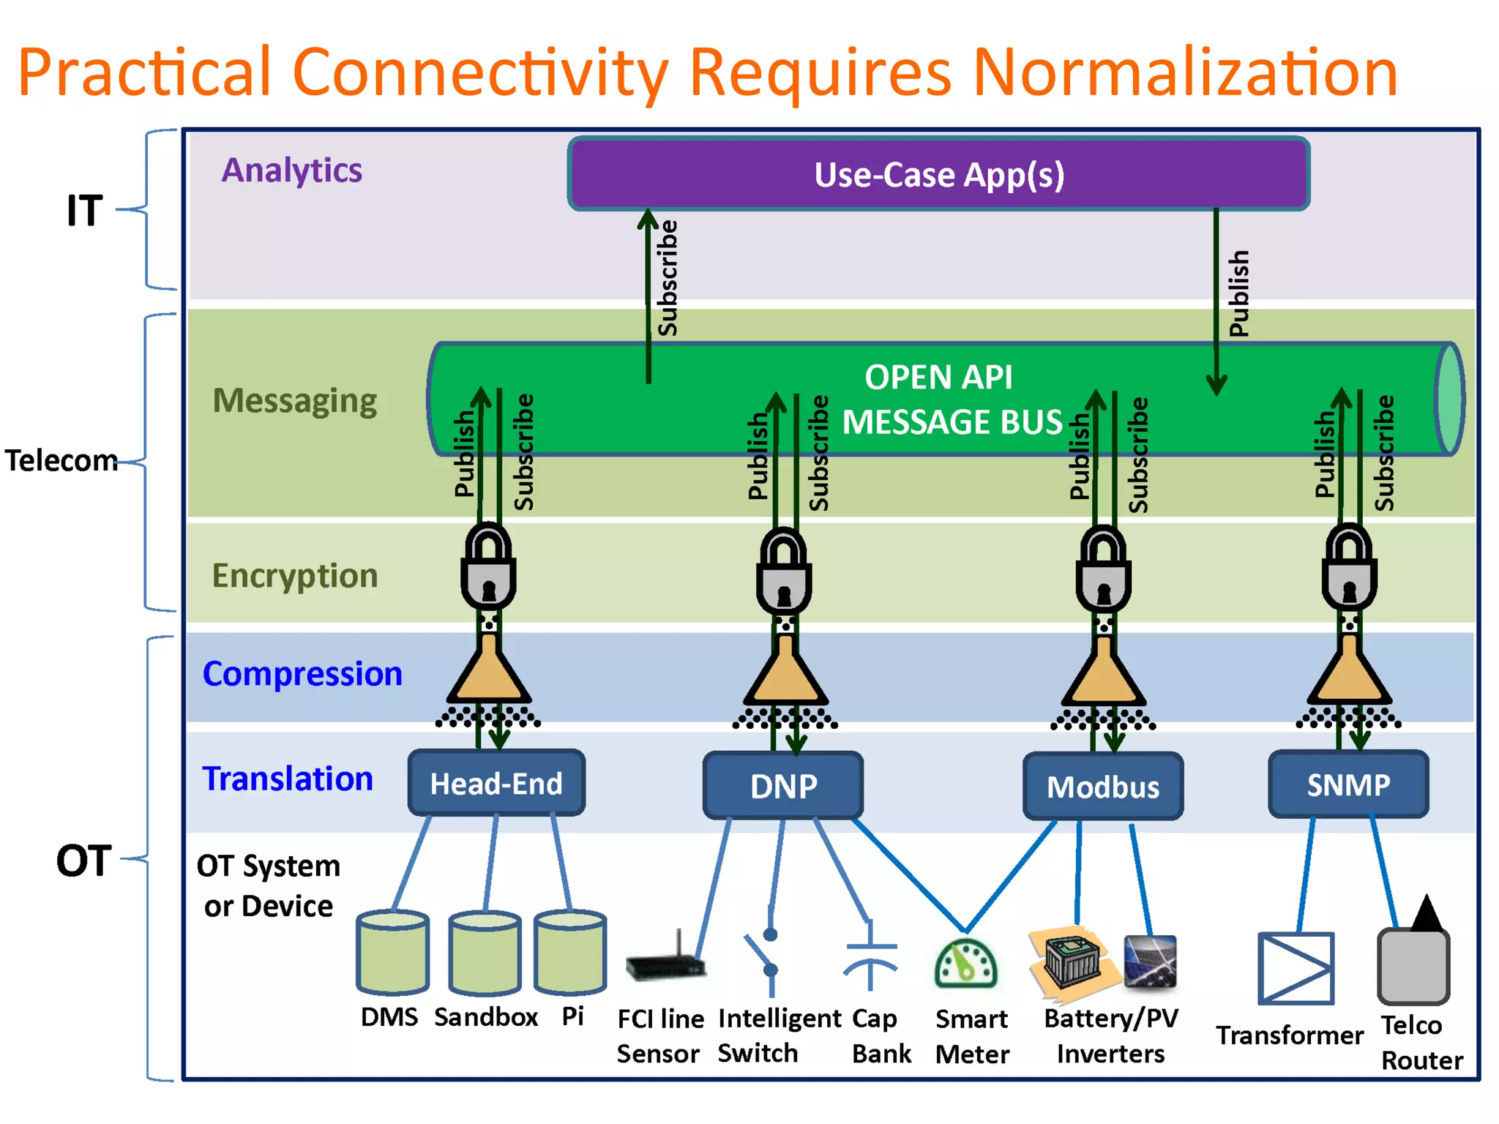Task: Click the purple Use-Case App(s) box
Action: point(938,174)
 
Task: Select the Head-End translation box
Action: point(496,783)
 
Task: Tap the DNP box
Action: point(783,786)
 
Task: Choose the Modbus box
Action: point(1103,787)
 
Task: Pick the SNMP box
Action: point(1348,784)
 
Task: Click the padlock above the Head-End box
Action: point(488,569)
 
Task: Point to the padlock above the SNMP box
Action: point(1349,569)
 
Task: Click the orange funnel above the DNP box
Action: point(785,673)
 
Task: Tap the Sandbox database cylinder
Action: point(485,953)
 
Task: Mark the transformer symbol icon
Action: point(1296,967)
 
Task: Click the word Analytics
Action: point(291,170)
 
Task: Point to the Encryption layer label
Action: point(295,575)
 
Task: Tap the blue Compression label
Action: point(302,673)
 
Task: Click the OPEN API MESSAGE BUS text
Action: point(944,400)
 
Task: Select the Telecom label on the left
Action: point(61,460)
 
